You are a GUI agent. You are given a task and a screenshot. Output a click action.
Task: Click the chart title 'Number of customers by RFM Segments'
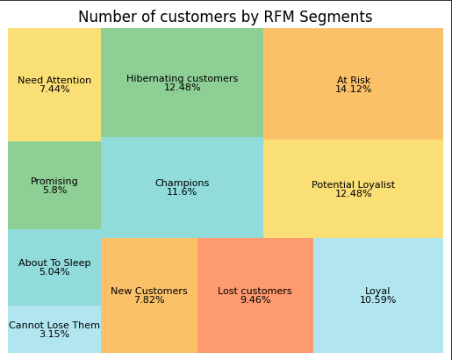tap(225, 17)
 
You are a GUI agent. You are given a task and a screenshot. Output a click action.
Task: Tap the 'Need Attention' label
tap(54, 80)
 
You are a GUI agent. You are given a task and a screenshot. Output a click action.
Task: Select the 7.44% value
tap(54, 90)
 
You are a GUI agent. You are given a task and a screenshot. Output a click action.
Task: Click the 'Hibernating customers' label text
tap(182, 78)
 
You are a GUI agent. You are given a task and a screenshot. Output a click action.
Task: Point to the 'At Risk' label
tap(353, 80)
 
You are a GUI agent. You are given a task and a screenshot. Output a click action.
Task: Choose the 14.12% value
tap(353, 90)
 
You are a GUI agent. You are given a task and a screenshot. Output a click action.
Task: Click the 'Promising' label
tap(54, 181)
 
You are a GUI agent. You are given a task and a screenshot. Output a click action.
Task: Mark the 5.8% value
tap(54, 191)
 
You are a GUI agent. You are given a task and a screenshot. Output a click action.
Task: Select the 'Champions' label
tap(182, 183)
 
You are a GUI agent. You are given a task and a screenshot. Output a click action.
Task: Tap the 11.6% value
tap(182, 192)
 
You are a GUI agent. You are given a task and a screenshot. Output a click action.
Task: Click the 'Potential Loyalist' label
tap(353, 184)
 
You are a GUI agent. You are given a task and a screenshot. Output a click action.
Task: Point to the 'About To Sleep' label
tap(54, 263)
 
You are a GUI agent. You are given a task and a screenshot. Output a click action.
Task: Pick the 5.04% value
tap(54, 272)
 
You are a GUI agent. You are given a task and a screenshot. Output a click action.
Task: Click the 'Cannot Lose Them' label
tap(54, 325)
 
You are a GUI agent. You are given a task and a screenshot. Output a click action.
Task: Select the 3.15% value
tap(54, 335)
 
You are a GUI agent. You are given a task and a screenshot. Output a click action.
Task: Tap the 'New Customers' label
tap(149, 291)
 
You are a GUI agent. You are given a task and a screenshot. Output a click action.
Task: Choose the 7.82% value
tap(149, 300)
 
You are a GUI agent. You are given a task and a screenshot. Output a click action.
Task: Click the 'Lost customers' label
tap(255, 291)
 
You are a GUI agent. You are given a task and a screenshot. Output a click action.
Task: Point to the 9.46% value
tap(255, 300)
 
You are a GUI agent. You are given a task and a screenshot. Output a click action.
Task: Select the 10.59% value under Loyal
tap(377, 300)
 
